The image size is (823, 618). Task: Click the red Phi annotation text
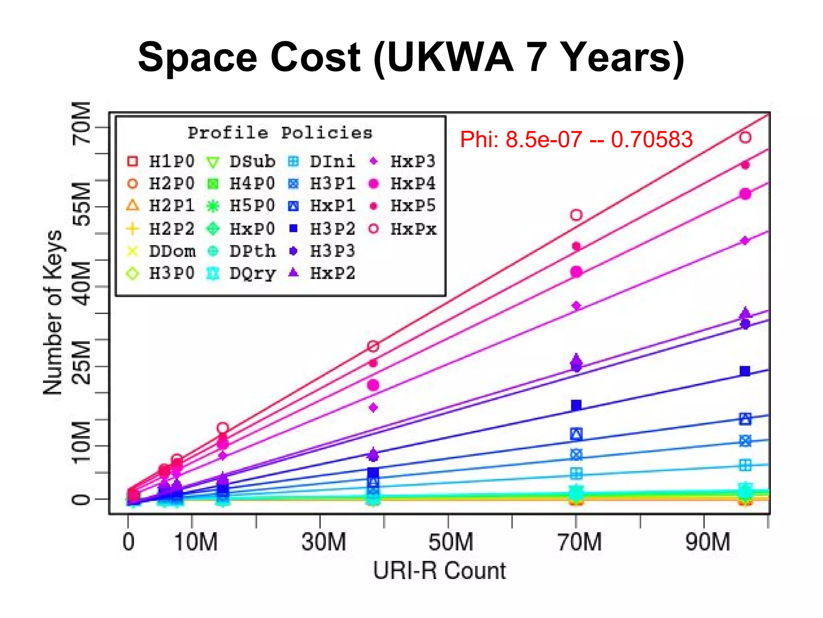pos(576,140)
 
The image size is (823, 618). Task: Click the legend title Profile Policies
pos(280,133)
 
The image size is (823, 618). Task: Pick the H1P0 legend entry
pos(161,162)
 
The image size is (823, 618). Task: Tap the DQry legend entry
pos(242,274)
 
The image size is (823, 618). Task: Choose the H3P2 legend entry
pos(322,229)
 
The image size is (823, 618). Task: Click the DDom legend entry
pos(161,251)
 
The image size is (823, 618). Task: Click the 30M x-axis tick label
pos(323,542)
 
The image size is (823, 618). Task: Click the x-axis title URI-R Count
pos(439,571)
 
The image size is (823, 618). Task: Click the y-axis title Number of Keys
pos(53,313)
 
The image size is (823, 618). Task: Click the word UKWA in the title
pos(450,58)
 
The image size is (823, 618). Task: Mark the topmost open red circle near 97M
pos(745,138)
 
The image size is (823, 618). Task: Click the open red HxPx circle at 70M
pos(576,215)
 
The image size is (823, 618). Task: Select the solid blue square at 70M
pos(576,405)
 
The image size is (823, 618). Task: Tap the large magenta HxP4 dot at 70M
pos(576,272)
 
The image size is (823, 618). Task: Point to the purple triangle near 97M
pos(745,313)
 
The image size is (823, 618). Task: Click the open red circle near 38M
pos(373,346)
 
